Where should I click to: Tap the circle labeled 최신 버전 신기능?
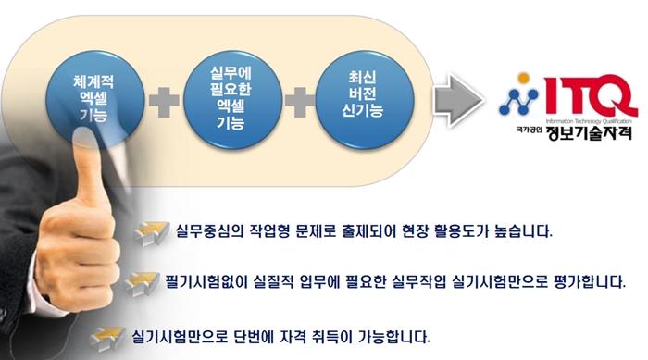362,97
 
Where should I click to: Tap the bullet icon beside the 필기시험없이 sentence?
140,282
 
